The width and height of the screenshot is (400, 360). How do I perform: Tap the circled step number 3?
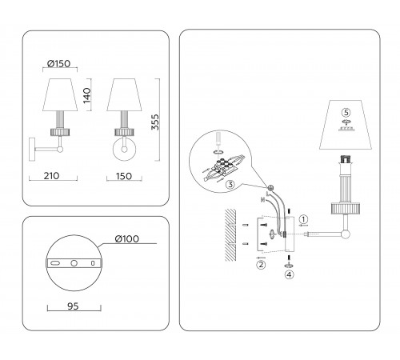(x=230, y=185)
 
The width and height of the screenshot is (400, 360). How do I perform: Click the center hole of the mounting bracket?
(x=74, y=262)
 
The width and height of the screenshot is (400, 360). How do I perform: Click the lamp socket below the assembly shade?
(x=346, y=158)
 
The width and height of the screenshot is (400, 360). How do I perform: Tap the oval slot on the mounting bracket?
(x=56, y=262)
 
